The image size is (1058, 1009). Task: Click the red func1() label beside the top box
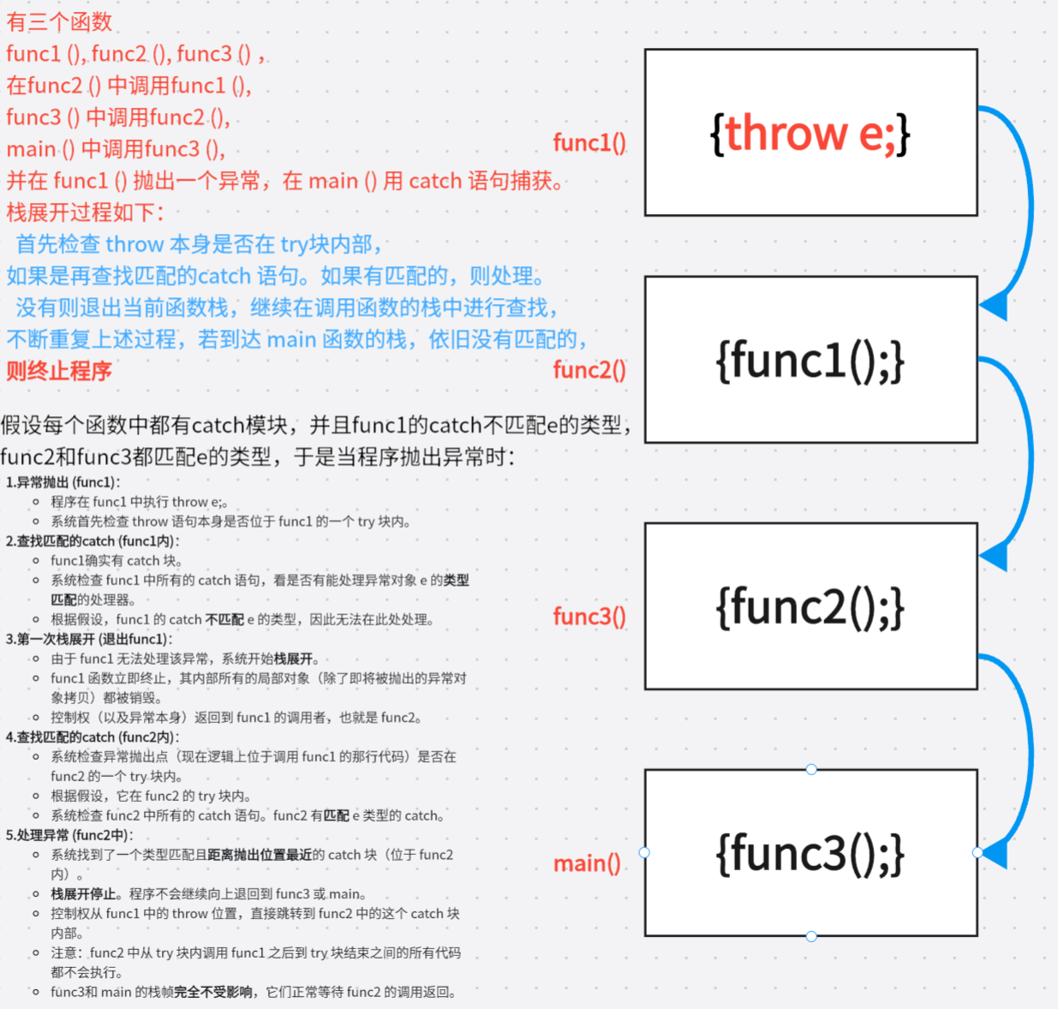[x=589, y=143]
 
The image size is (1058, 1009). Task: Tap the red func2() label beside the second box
[x=589, y=370]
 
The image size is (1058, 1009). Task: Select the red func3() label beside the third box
[x=589, y=617]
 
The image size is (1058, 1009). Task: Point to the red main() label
[x=587, y=863]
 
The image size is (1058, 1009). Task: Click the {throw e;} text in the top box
[x=810, y=134]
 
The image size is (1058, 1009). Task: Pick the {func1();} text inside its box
[x=810, y=361]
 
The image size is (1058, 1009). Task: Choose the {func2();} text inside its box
[x=810, y=607]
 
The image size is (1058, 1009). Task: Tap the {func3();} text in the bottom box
[x=810, y=853]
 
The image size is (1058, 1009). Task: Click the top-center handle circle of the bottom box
[x=811, y=769]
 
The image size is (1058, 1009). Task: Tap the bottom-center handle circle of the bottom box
[x=811, y=936]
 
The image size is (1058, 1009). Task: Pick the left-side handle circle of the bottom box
[x=644, y=852]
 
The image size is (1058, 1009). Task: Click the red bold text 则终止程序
[x=59, y=371]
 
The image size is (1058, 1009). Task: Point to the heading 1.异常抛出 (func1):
[x=63, y=482]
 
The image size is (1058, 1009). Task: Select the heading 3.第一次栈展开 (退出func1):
[x=89, y=639]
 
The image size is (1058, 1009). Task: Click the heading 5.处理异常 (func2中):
[x=69, y=835]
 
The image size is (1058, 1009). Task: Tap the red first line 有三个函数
[x=59, y=21]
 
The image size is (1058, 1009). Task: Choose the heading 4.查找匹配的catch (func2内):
[x=93, y=737]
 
